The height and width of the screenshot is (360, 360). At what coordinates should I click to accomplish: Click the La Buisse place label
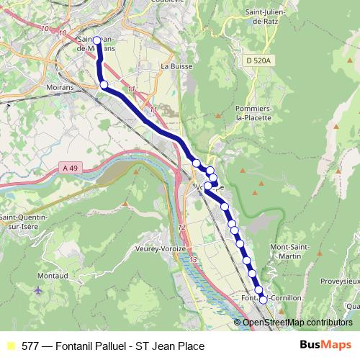pos(175,66)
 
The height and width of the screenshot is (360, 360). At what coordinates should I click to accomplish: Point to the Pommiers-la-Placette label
pos(253,112)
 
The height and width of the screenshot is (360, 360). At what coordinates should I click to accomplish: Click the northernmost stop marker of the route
pos(96,41)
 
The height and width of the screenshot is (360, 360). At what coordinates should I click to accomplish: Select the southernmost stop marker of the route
pos(263,300)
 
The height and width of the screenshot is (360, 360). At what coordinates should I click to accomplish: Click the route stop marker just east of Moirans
pos(104,85)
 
